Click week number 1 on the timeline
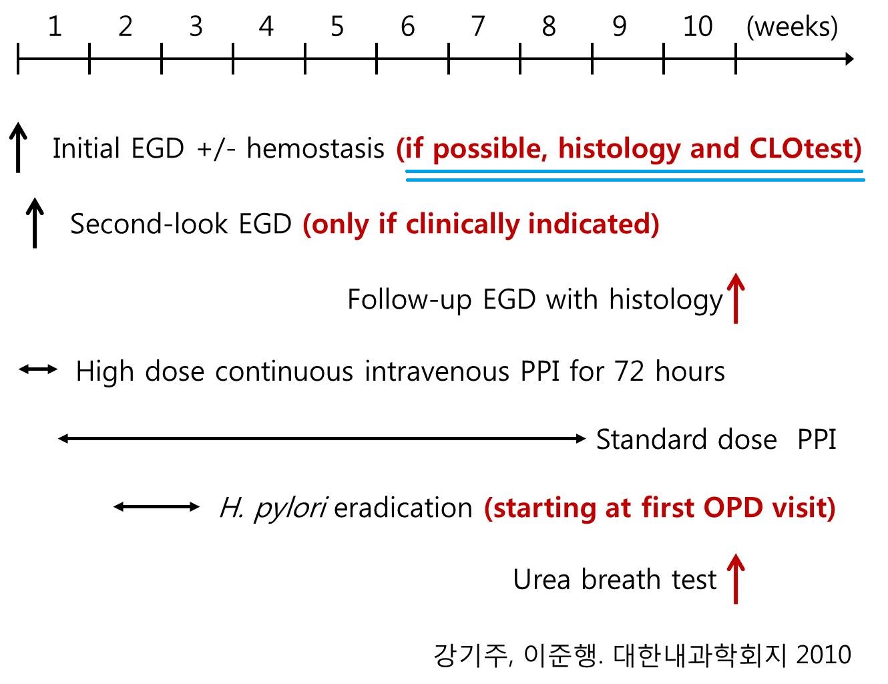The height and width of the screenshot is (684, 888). (x=55, y=27)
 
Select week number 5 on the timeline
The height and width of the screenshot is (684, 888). (x=337, y=27)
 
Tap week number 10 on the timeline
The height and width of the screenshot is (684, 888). (x=698, y=27)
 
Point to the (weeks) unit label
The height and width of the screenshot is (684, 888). (x=792, y=27)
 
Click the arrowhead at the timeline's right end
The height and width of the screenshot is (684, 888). (x=849, y=59)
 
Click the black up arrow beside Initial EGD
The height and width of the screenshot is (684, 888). (x=18, y=147)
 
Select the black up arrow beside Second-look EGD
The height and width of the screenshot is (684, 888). (x=35, y=223)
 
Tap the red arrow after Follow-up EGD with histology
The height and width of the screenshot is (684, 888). (x=736, y=299)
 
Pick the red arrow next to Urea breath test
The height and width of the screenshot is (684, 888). (x=736, y=578)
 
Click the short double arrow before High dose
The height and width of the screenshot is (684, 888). (x=38, y=369)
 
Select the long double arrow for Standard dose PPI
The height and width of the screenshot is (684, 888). (x=322, y=439)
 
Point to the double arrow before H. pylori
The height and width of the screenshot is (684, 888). (x=156, y=507)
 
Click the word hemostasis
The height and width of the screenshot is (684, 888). (x=316, y=148)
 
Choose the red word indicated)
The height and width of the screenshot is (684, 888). (x=594, y=224)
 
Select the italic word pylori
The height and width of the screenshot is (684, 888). (x=290, y=509)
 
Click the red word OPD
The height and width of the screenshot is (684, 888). (x=732, y=508)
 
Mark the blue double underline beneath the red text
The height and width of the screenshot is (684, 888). (x=635, y=176)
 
